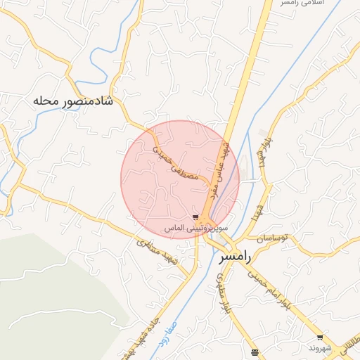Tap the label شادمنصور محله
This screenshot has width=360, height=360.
click(x=72, y=101)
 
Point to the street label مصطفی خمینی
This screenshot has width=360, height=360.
click(x=180, y=162)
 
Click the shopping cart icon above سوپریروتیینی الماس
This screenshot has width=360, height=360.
click(x=195, y=217)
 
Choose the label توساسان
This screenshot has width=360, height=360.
click(x=273, y=238)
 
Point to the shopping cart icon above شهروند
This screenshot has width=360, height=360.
click(x=320, y=337)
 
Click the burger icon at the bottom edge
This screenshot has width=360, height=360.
click(x=255, y=352)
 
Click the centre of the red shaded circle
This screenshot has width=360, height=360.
click(x=180, y=179)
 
